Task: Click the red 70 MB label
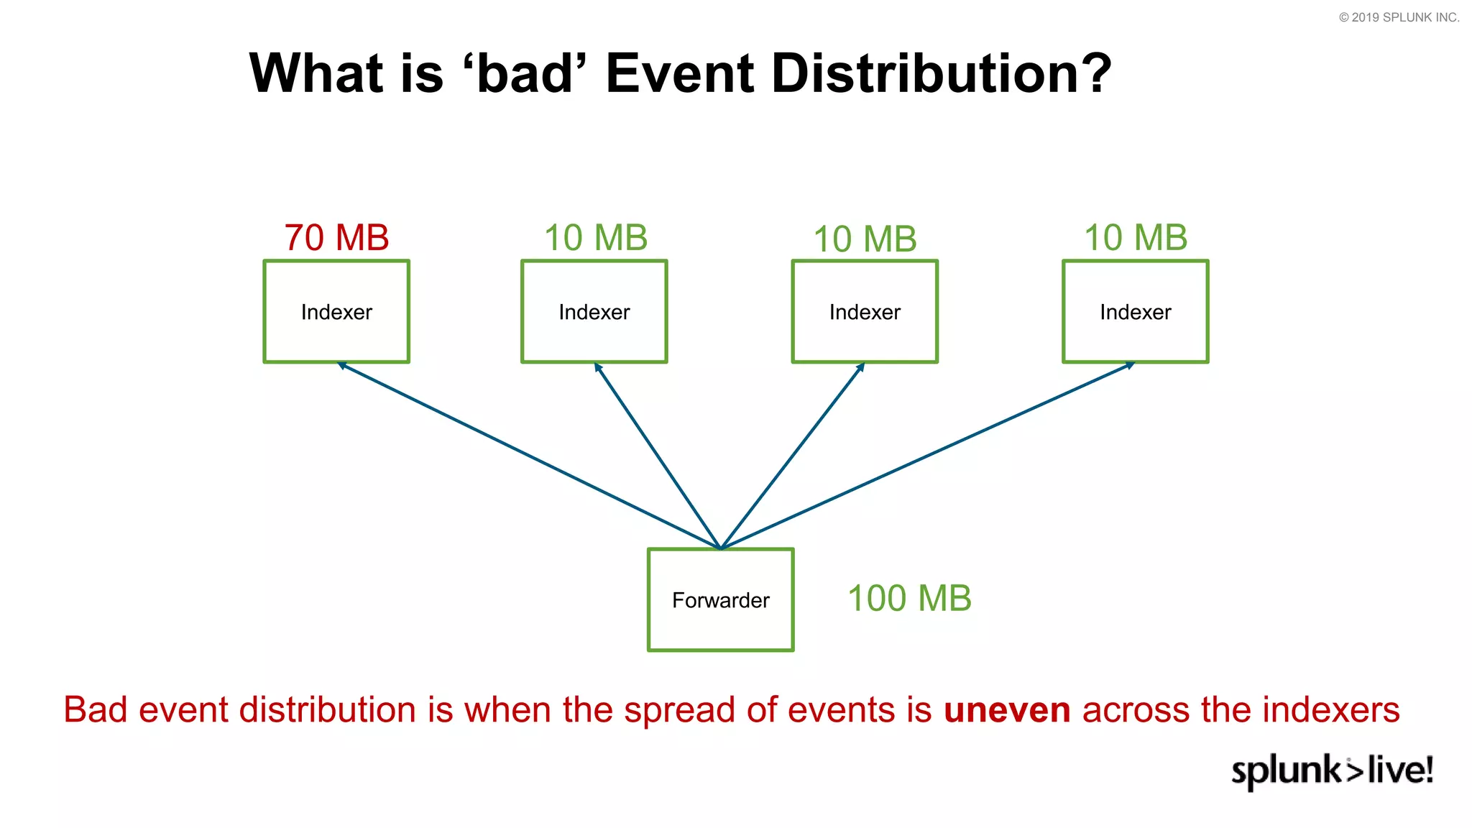click(x=336, y=238)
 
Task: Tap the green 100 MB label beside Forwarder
click(x=909, y=599)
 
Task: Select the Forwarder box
click(x=720, y=600)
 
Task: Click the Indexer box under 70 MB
click(x=336, y=312)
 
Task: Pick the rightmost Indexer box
click(x=1135, y=312)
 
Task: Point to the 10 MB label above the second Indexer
click(x=595, y=238)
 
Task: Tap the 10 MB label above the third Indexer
click(x=865, y=239)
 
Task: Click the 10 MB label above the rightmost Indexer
click(x=1135, y=238)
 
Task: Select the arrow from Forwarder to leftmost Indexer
click(x=528, y=456)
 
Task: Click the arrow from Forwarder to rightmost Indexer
click(x=927, y=456)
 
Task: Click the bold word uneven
click(x=1006, y=710)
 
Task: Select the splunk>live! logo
click(x=1332, y=770)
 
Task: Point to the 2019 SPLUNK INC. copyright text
click(x=1399, y=17)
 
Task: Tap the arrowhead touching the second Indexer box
click(x=597, y=367)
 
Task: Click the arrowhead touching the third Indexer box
click(x=861, y=367)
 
